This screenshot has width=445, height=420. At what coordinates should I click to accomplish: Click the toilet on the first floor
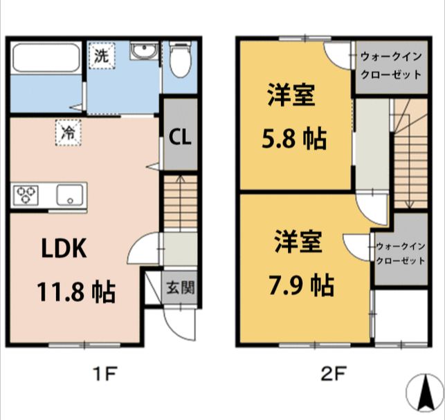click(x=179, y=59)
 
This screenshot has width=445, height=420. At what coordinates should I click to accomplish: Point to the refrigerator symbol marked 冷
click(x=68, y=132)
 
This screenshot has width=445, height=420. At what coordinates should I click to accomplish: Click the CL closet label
click(x=181, y=138)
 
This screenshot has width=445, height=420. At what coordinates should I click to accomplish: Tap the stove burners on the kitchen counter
click(x=27, y=195)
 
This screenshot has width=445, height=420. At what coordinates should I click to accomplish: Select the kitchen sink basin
click(x=70, y=195)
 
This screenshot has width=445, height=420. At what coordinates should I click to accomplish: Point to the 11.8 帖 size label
click(x=75, y=292)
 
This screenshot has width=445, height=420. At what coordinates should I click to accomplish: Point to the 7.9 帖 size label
click(x=301, y=283)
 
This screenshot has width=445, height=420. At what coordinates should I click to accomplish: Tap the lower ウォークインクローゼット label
click(x=400, y=253)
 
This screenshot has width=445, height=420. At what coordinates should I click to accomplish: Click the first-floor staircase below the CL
click(x=180, y=204)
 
